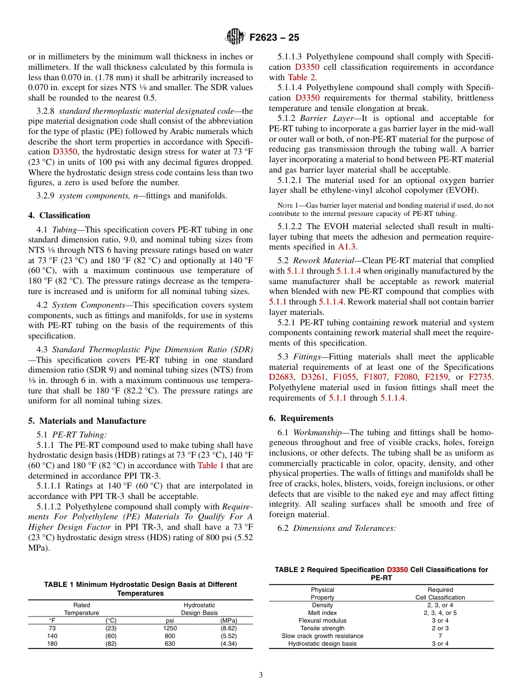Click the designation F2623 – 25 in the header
pyautogui.click(x=274, y=38)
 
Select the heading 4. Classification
pyautogui.click(x=59, y=215)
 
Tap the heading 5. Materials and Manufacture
pyautogui.click(x=87, y=421)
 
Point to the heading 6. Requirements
pyautogui.click(x=301, y=418)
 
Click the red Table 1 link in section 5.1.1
pyautogui.click(x=210, y=465)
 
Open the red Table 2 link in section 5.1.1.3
pyautogui.click(x=301, y=77)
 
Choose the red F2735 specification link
pyautogui.click(x=480, y=377)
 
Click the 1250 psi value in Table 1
pyautogui.click(x=170, y=628)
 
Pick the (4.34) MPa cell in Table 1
pyautogui.click(x=228, y=643)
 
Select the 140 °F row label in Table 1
pyautogui.click(x=52, y=636)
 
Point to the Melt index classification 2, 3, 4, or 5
pyautogui.click(x=440, y=613)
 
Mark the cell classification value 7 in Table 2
pyautogui.click(x=440, y=636)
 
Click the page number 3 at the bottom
pyautogui.click(x=261, y=675)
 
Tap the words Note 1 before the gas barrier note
pyautogui.click(x=288, y=205)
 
